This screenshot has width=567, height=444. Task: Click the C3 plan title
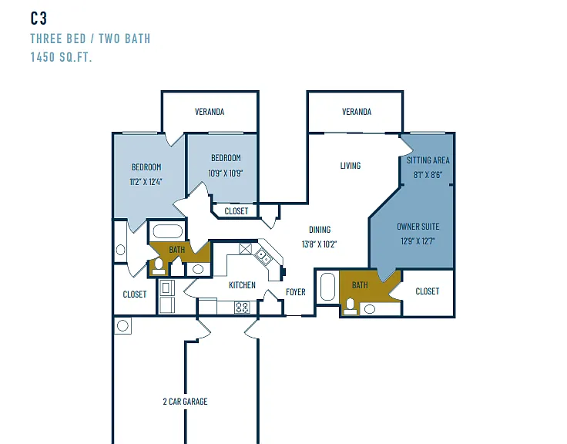39,18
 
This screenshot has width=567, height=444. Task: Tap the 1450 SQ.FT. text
61,57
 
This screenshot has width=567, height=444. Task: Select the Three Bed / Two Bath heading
90,39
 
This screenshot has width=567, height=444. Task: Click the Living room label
351,166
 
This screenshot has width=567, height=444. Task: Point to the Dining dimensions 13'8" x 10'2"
319,244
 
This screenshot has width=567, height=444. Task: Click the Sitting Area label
428,160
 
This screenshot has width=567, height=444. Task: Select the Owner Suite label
418,227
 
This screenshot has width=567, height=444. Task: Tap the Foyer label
295,291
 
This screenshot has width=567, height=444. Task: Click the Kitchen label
242,285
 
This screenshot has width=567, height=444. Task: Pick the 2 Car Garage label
185,402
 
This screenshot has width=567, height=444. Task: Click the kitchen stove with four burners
242,308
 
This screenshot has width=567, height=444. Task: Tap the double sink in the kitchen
263,257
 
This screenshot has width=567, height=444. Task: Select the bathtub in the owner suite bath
327,287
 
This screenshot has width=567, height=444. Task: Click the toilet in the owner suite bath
350,306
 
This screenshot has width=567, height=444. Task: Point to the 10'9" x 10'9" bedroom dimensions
225,173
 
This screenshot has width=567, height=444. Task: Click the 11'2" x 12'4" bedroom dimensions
146,182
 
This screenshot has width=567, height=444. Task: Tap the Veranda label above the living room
357,112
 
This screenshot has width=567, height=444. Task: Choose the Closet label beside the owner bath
428,291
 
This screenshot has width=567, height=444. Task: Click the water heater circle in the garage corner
122,325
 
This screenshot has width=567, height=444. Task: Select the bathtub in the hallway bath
168,231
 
